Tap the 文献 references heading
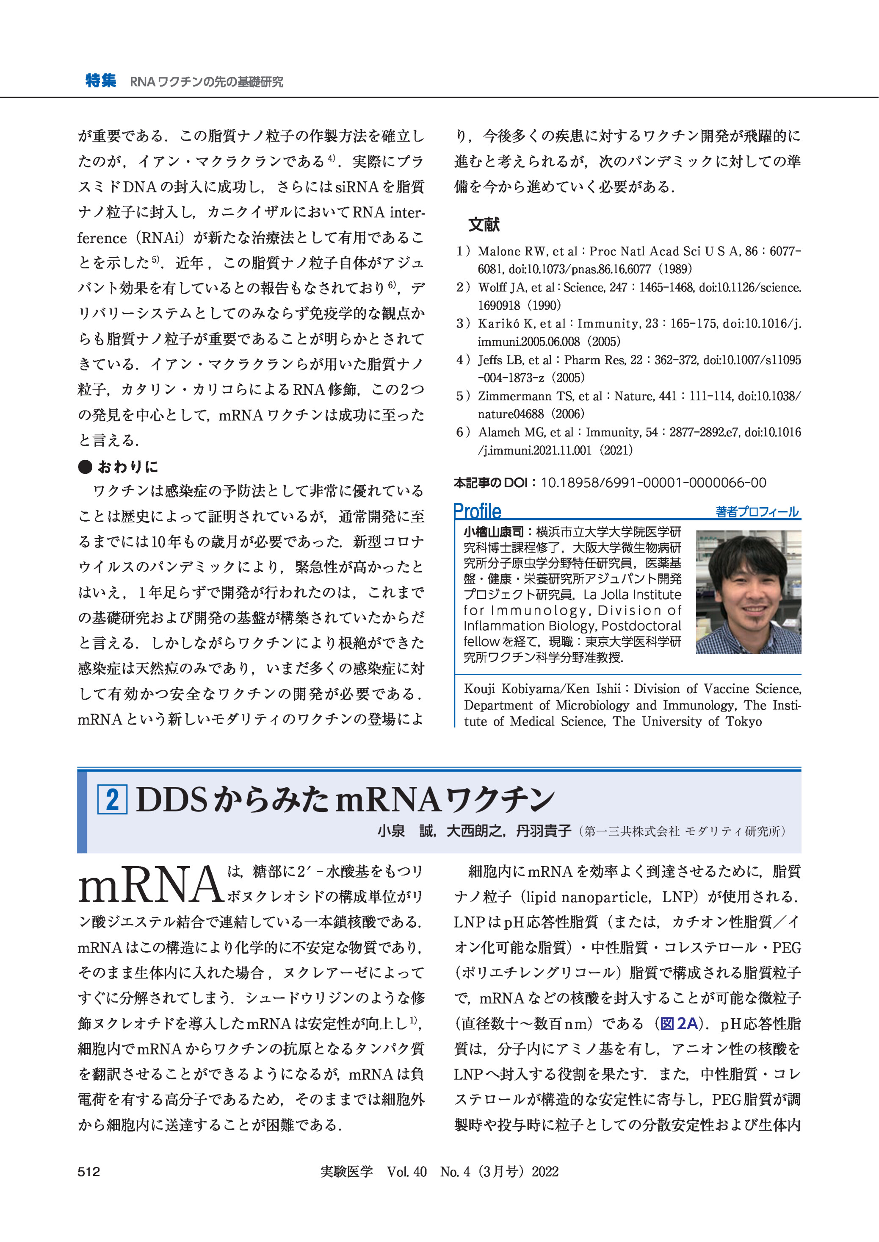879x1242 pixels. coord(484,224)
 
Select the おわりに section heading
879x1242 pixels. coord(128,467)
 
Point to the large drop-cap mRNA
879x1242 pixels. coord(150,886)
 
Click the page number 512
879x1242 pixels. coord(89,1172)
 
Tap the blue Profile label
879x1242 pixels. coord(477,510)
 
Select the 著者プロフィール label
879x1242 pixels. coord(757,512)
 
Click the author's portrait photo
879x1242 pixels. coord(748,592)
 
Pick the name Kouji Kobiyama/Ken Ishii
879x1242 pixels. coord(542,689)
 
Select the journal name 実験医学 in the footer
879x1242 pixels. coord(346,1172)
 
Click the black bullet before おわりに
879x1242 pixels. coord(85,467)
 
